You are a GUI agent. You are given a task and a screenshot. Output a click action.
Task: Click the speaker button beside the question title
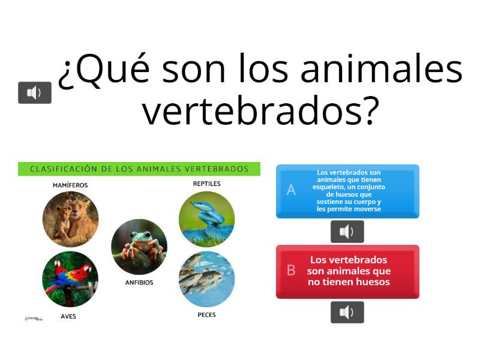pyautogui.click(x=35, y=92)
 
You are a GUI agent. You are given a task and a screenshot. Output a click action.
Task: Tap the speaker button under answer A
pyautogui.click(x=347, y=232)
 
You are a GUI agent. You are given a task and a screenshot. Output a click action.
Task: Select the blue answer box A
pyautogui.click(x=348, y=191)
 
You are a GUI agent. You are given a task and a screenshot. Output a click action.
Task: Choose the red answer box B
pyautogui.click(x=348, y=271)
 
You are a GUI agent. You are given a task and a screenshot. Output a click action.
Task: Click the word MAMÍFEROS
pyautogui.click(x=70, y=185)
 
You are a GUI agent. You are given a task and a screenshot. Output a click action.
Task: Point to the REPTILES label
pyautogui.click(x=206, y=184)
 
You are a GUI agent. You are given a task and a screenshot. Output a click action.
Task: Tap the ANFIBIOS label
pyautogui.click(x=139, y=282)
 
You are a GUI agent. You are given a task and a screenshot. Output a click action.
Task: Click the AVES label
pyautogui.click(x=68, y=316)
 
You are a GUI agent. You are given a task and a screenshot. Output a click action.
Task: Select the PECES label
pyautogui.click(x=206, y=314)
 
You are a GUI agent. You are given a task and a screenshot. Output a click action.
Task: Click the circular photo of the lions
pyautogui.click(x=70, y=219)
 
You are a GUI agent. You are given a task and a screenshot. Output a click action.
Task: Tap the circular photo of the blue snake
pyautogui.click(x=206, y=219)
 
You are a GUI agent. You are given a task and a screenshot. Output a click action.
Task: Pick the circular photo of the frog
pyautogui.click(x=139, y=247)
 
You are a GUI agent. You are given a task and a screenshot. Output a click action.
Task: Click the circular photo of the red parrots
pyautogui.click(x=70, y=279)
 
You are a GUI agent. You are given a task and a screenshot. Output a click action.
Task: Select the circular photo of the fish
pyautogui.click(x=206, y=279)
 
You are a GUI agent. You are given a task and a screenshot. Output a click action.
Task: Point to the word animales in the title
pyautogui.click(x=381, y=69)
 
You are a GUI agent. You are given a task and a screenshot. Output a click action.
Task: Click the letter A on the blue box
pyautogui.click(x=291, y=190)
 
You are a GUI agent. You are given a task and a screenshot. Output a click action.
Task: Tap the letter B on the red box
pyautogui.click(x=291, y=271)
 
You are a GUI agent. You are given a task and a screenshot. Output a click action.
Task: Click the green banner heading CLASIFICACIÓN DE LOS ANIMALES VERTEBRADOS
pyautogui.click(x=139, y=169)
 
